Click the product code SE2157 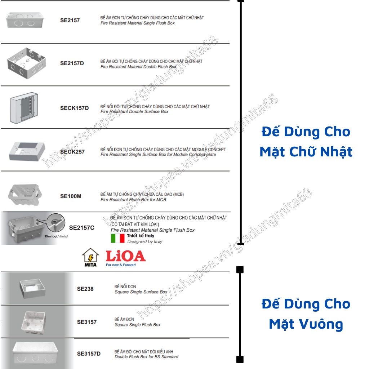[70, 21]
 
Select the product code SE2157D [72, 63]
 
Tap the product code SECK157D [74, 108]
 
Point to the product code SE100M [71, 196]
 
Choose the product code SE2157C [82, 228]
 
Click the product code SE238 [85, 289]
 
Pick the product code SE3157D [89, 354]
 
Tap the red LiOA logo [125, 257]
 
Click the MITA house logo [90, 257]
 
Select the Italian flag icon [117, 239]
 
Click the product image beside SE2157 [25, 20]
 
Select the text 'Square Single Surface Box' [141, 292]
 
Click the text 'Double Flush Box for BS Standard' [146, 357]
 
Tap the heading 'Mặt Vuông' [306, 324]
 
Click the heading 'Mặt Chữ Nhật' [306, 152]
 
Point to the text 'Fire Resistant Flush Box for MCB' [133, 200]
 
